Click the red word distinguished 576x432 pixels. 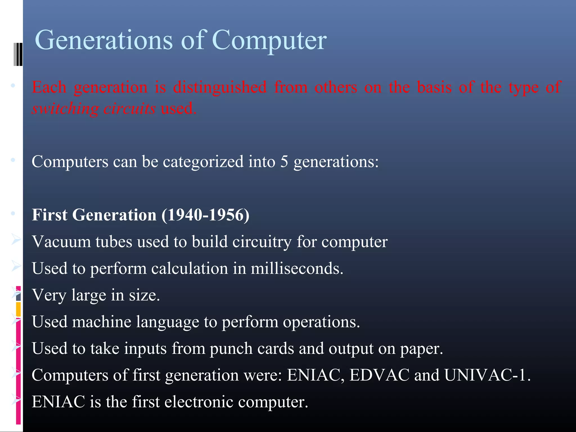click(x=220, y=87)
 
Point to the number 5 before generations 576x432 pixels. click(x=284, y=162)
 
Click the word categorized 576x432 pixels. click(x=203, y=162)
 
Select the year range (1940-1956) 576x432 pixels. click(x=206, y=215)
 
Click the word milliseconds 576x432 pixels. click(x=296, y=268)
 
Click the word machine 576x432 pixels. click(x=102, y=322)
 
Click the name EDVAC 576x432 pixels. click(x=379, y=375)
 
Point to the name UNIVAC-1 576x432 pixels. click(x=487, y=375)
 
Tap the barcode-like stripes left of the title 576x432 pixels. click(x=18, y=54)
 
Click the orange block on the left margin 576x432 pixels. click(x=18, y=309)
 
